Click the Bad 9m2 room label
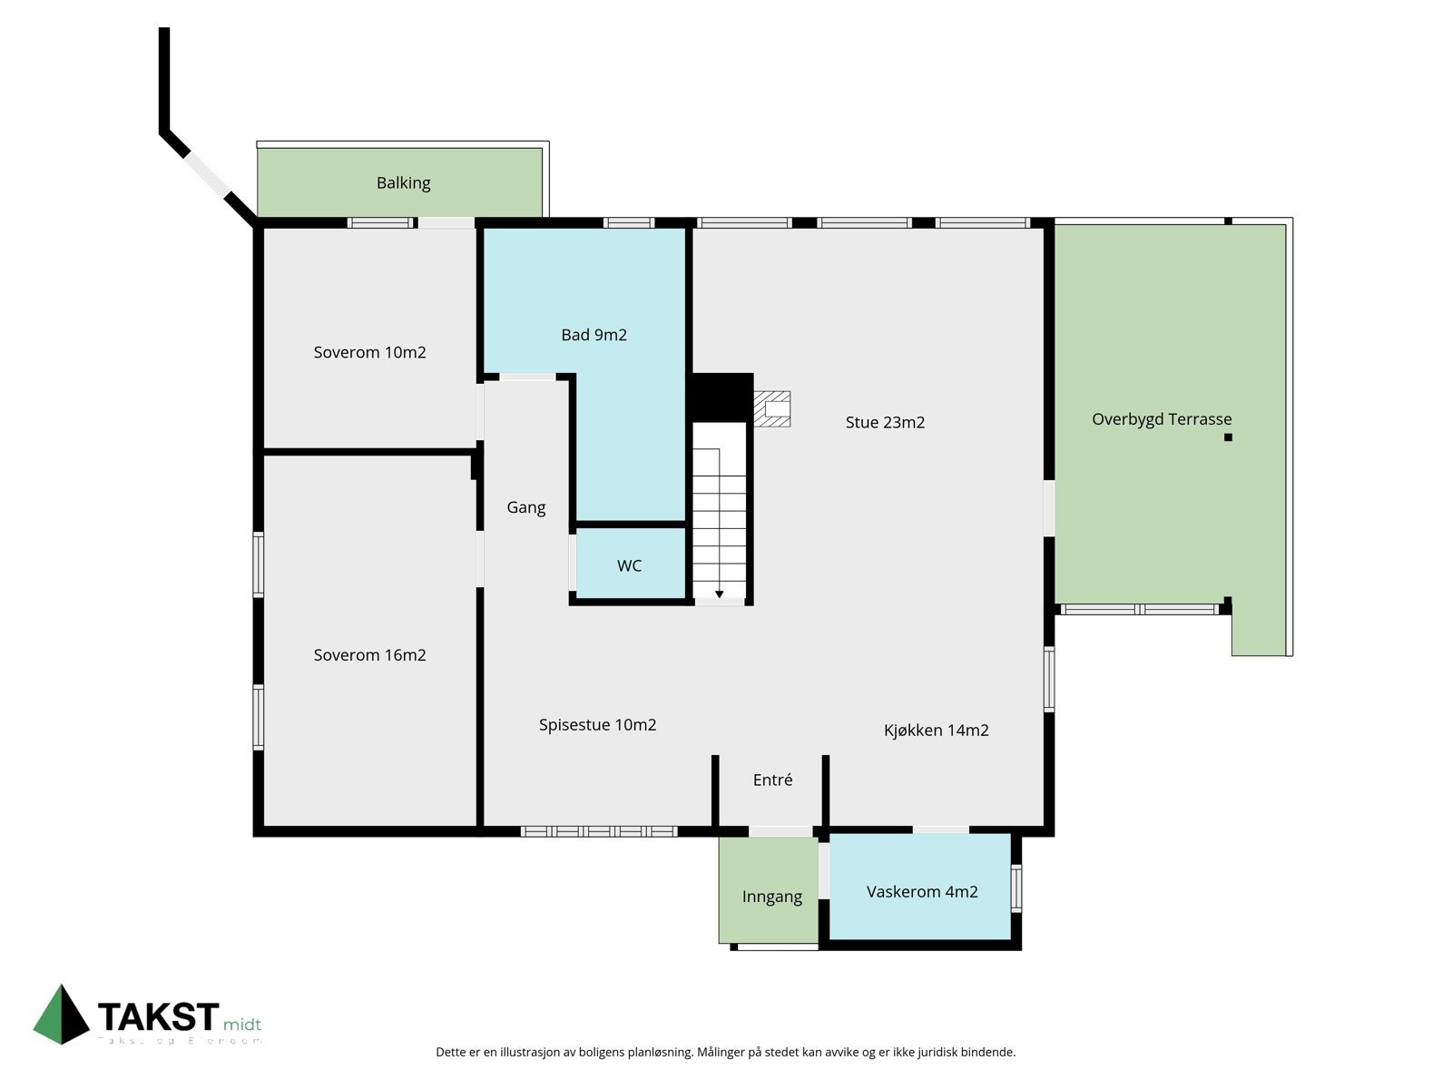click(594, 335)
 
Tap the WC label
click(629, 566)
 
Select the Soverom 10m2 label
click(369, 352)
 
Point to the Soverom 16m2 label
click(369, 655)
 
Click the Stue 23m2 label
click(885, 422)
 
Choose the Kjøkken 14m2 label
click(936, 731)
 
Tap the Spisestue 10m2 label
click(597, 725)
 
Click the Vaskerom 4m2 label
click(922, 892)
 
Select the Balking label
click(403, 183)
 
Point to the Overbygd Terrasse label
click(1162, 419)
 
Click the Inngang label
click(771, 898)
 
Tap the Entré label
click(772, 780)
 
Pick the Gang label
click(526, 507)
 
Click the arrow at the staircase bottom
click(719, 594)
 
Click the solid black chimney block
click(722, 396)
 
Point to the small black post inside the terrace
click(1228, 437)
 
